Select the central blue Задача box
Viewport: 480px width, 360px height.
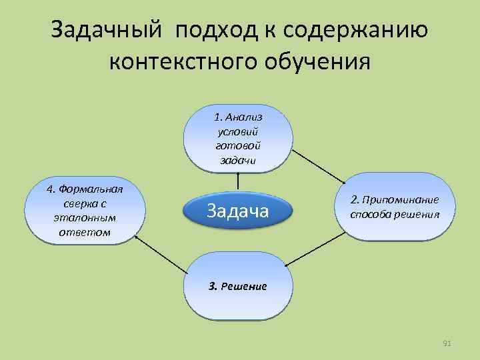point(237,211)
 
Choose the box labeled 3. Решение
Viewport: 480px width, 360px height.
point(237,286)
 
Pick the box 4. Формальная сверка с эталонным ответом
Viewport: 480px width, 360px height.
point(85,211)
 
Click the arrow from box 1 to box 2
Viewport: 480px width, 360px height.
point(317,166)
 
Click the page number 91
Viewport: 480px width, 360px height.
point(447,343)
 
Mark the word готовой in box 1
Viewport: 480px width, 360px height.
point(238,145)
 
